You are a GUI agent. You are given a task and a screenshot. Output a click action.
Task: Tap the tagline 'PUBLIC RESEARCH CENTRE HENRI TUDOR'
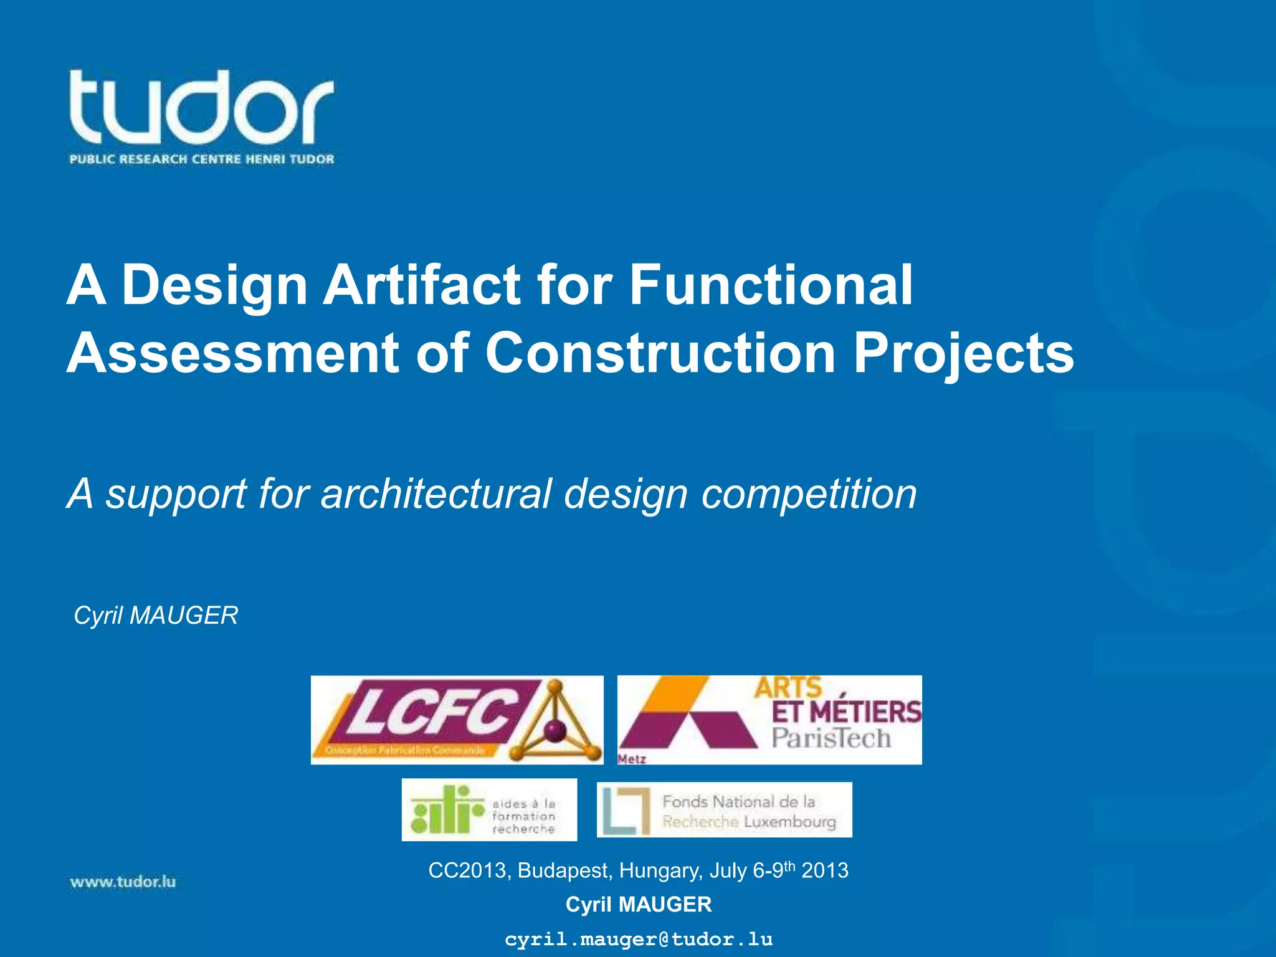(x=202, y=159)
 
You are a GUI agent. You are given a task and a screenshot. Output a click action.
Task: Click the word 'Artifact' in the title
(x=421, y=285)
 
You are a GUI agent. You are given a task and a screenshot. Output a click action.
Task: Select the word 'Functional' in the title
(x=771, y=285)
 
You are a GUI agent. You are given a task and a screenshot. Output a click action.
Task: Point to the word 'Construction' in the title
(x=660, y=353)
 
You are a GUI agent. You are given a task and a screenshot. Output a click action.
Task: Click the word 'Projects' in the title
(x=963, y=354)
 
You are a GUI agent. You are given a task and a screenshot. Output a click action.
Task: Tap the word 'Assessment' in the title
(x=232, y=353)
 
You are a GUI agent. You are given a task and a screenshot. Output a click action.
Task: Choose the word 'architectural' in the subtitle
(x=436, y=493)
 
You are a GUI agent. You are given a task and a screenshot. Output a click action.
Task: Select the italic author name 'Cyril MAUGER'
(x=156, y=616)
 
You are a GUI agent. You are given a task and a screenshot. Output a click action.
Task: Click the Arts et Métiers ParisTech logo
(x=769, y=719)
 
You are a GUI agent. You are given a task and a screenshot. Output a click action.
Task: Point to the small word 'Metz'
(x=632, y=759)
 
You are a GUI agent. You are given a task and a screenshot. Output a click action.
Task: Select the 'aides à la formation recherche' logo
(x=489, y=809)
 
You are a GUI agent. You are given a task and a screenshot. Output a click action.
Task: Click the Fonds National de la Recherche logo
(x=724, y=809)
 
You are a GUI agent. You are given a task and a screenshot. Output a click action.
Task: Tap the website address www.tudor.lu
(x=123, y=882)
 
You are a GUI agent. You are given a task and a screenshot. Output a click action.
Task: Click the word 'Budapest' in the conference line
(x=565, y=870)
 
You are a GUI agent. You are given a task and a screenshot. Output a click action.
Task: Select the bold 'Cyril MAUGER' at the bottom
(x=638, y=904)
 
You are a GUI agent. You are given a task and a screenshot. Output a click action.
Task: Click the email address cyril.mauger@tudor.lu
(x=638, y=939)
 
